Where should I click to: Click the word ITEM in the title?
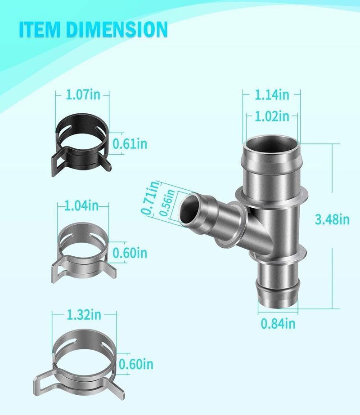[x=40, y=29]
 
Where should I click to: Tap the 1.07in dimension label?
[x=83, y=95]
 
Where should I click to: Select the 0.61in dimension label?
[x=130, y=144]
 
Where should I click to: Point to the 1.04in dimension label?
[x=81, y=205]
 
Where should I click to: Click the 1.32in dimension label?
[x=84, y=315]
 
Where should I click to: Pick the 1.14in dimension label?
[x=272, y=95]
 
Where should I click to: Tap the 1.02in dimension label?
[x=272, y=116]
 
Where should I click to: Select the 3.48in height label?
[x=332, y=219]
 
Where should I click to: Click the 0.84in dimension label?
[x=278, y=324]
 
